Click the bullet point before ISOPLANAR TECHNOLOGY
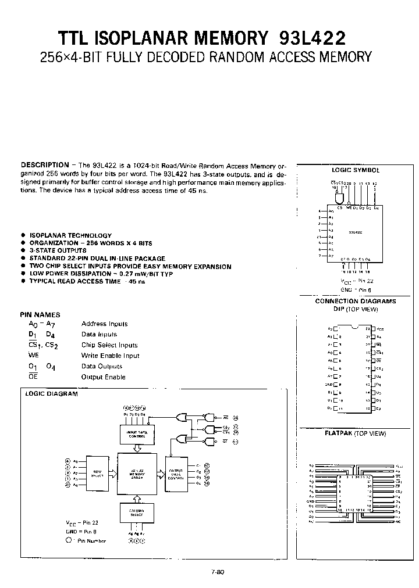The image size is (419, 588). (23, 235)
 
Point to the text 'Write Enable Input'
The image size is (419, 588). (110, 356)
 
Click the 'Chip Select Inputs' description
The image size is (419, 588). (109, 345)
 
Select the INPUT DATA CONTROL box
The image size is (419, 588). (137, 433)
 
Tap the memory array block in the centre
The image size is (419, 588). (137, 475)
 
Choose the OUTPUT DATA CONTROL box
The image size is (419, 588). (175, 475)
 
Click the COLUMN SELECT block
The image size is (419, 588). (137, 512)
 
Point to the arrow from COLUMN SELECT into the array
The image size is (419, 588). (137, 499)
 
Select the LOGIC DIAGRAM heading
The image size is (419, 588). (51, 393)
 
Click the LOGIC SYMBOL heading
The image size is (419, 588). (355, 170)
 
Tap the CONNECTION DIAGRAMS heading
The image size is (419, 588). (355, 301)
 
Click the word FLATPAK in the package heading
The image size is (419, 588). (338, 433)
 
